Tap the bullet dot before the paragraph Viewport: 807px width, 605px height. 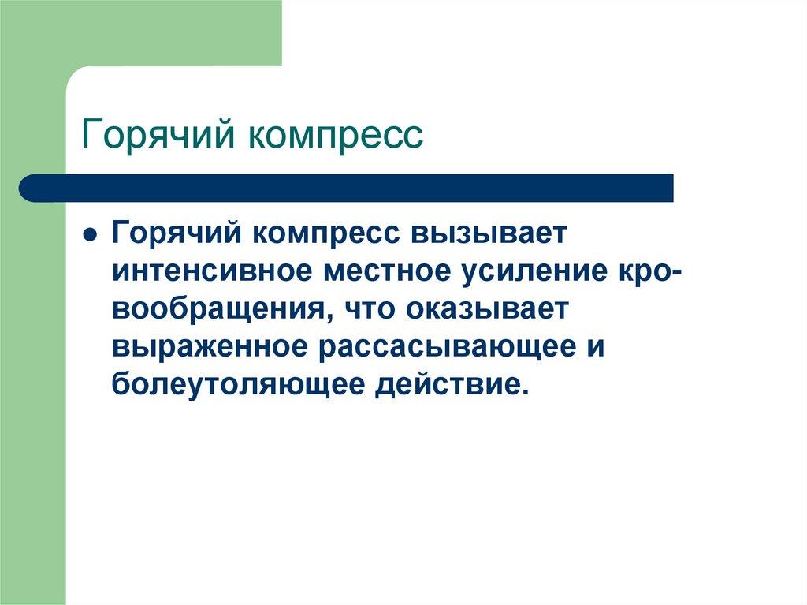pos(90,235)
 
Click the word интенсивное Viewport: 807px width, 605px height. pos(212,271)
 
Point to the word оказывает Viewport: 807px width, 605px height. pos(485,310)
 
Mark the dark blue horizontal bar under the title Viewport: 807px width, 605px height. pos(346,188)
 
